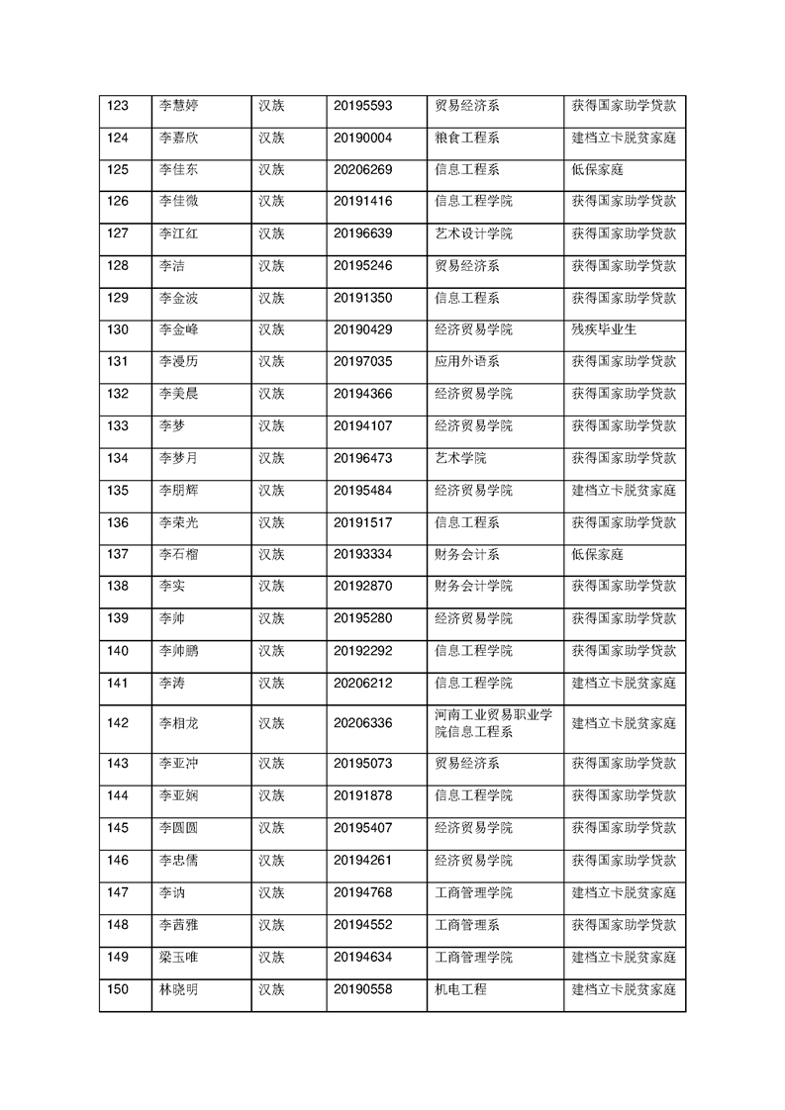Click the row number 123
coord(118,106)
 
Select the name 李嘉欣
coord(178,138)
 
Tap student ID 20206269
coord(363,170)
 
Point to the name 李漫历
coord(178,362)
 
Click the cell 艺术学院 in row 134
coord(460,458)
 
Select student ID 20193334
coord(363,555)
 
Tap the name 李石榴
coord(178,555)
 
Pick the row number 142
coord(118,723)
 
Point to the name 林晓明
coord(178,990)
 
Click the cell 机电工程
coord(460,990)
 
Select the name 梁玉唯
coord(178,958)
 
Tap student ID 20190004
coord(363,138)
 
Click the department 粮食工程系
coord(466,138)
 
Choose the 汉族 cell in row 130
coord(271,330)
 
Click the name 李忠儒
coord(178,861)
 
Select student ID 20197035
coord(363,362)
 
